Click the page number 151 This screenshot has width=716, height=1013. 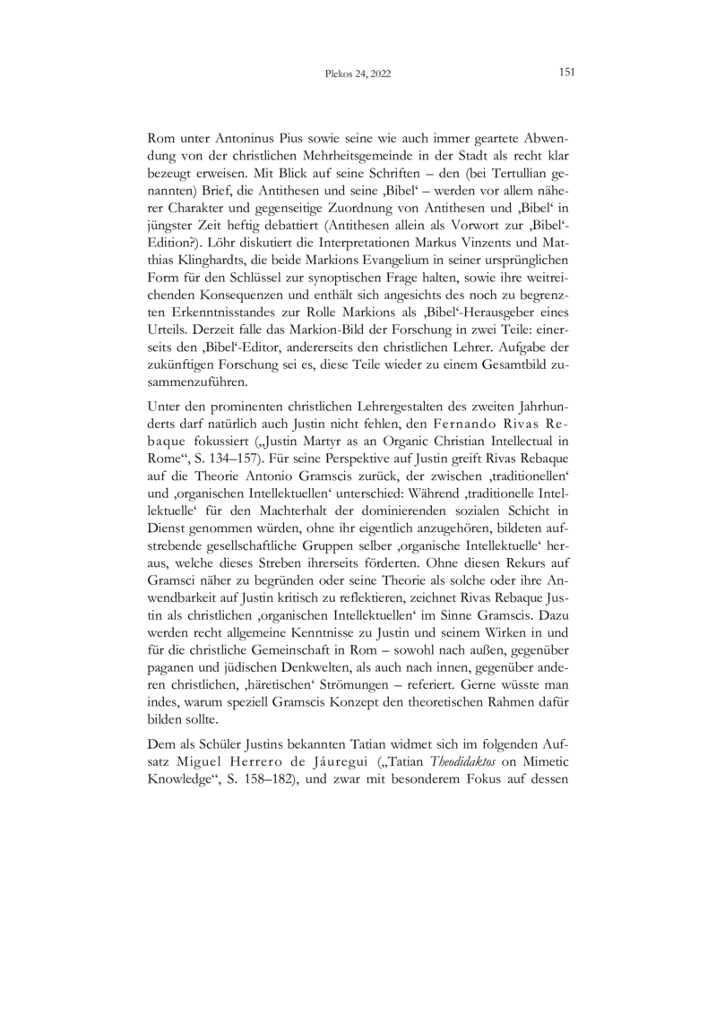(x=565, y=73)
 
